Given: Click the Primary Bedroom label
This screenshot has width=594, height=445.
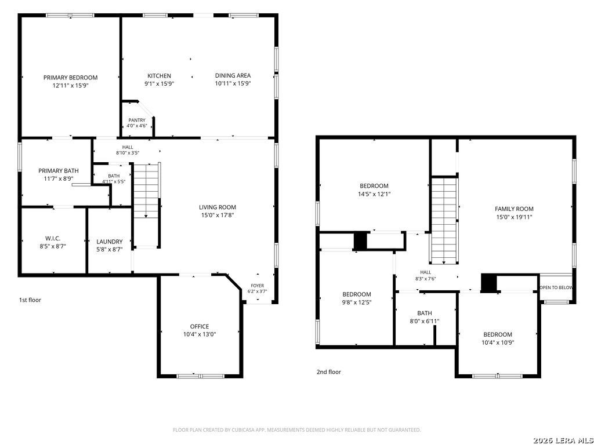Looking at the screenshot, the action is point(70,78).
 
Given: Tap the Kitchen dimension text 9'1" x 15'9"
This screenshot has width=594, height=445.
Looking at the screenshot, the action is point(159,83).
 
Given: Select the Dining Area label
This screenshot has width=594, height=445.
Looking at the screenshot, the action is point(233,76).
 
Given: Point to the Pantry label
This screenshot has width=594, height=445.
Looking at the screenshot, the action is point(137,121).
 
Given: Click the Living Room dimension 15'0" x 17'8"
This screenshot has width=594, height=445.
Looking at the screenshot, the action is point(218,216).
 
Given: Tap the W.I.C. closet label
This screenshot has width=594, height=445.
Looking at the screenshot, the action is point(53,238).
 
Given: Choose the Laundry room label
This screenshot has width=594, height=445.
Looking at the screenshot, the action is point(110,242).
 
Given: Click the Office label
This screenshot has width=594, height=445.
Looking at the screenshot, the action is point(200,327).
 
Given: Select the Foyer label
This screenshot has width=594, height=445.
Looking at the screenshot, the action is point(257,286).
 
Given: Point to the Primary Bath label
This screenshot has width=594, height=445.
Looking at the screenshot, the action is point(59,171).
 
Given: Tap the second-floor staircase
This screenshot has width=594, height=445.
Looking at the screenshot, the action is point(444,221).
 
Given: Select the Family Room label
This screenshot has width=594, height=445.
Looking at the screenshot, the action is point(514,209).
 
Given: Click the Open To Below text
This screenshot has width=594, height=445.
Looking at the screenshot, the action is point(556,287).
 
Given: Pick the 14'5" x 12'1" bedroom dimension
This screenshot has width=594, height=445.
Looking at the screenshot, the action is point(374,194).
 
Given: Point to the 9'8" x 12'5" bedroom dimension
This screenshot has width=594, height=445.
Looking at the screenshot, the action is point(357,302).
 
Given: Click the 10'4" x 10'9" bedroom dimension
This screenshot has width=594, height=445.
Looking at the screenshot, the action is point(498,342).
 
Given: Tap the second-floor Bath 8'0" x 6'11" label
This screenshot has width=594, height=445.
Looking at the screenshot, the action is point(425,317).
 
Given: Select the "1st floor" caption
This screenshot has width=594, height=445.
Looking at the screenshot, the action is point(30,300).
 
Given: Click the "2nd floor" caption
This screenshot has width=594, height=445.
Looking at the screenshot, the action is point(329,372).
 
